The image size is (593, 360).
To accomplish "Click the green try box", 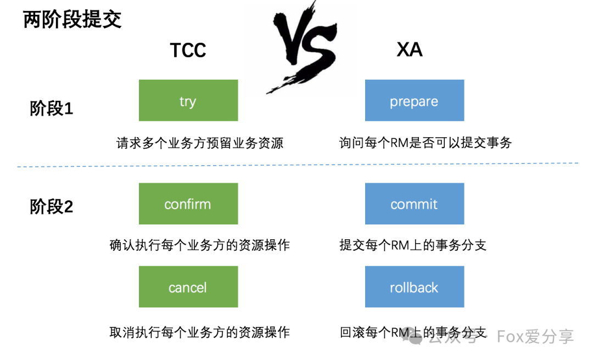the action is click(x=188, y=100).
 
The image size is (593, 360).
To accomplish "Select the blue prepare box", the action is click(x=415, y=100).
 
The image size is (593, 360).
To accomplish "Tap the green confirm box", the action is click(x=188, y=204).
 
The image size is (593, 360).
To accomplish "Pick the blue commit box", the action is click(x=415, y=204).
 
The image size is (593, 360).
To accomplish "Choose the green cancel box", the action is click(x=188, y=286).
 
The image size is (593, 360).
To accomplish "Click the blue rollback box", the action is click(x=415, y=286).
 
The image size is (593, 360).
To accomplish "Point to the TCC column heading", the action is click(x=188, y=50).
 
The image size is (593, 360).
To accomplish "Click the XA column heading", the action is click(x=410, y=49).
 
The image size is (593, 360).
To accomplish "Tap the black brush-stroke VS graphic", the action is click(x=303, y=47).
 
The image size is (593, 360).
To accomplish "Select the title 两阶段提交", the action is click(x=72, y=20).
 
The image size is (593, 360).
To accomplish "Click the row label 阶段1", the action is click(x=52, y=109).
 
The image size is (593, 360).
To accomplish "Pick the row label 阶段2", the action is click(x=52, y=207).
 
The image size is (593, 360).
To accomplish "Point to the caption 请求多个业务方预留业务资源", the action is click(x=200, y=143).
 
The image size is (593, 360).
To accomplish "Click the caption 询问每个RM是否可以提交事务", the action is click(x=426, y=143).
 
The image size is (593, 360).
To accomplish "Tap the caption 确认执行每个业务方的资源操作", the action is click(x=200, y=245).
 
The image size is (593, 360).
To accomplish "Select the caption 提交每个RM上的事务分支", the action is click(x=412, y=245).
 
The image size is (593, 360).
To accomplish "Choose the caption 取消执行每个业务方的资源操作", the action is click(x=200, y=333).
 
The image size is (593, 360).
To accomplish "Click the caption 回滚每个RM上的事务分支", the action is click(x=412, y=333).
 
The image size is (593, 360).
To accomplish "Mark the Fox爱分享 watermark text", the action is click(x=535, y=336).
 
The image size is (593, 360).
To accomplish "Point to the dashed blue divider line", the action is click(x=298, y=165).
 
